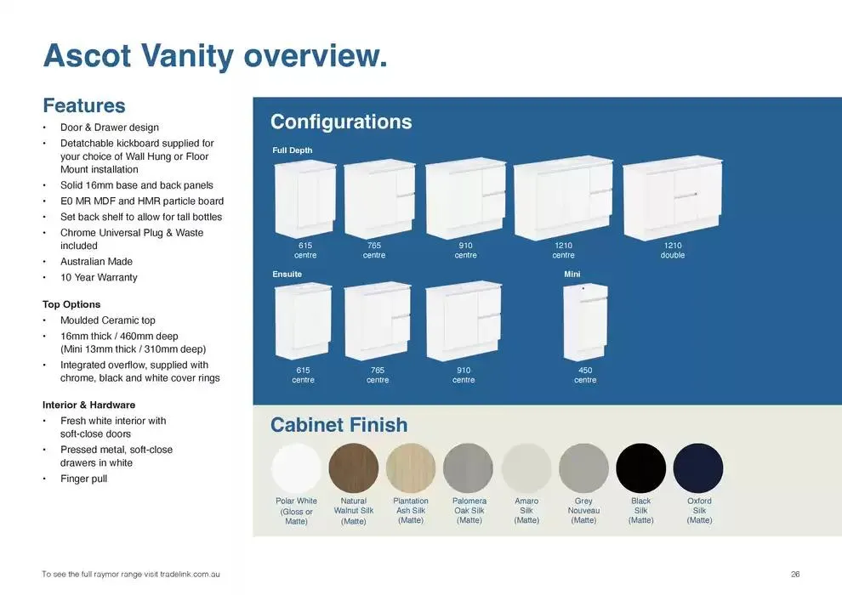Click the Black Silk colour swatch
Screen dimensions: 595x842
[x=640, y=468]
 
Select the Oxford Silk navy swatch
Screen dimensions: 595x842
[x=698, y=468]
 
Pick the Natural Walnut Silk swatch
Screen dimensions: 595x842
[x=354, y=468]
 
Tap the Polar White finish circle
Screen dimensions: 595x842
[x=296, y=468]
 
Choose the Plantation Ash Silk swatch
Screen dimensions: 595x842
[x=411, y=468]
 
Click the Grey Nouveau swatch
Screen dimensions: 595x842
[x=583, y=468]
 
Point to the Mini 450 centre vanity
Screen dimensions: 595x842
[x=585, y=322]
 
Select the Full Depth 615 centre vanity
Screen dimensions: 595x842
[x=304, y=200]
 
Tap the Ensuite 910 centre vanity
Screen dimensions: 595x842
[x=464, y=322]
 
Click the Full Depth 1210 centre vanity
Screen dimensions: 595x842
[x=562, y=198]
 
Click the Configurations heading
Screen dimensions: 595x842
[x=341, y=122]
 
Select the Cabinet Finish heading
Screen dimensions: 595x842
[x=339, y=425]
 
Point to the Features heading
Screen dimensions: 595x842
[x=84, y=105]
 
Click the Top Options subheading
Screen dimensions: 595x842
[x=71, y=304]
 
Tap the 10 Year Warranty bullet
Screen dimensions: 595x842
[x=99, y=278]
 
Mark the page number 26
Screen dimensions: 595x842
[x=795, y=575]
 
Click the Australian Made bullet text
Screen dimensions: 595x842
[x=96, y=262]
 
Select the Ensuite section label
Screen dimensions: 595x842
[x=287, y=275]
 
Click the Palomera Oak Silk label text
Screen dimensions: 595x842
[x=469, y=511]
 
